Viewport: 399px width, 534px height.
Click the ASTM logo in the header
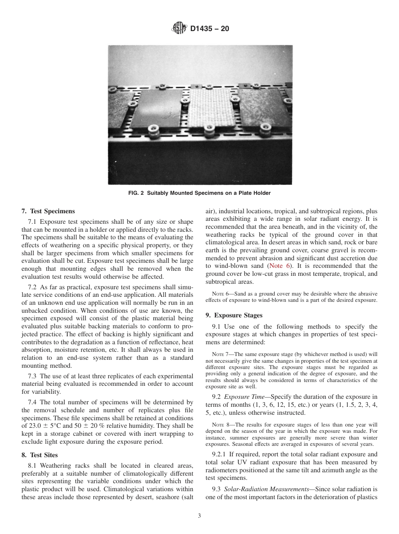point(179,29)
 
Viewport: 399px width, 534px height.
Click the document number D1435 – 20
point(210,29)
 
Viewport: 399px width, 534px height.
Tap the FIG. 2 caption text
point(200,193)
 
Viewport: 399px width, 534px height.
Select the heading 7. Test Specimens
point(48,211)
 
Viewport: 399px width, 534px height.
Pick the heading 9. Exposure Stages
point(234,315)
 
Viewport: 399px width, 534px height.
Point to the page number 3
point(199,516)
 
